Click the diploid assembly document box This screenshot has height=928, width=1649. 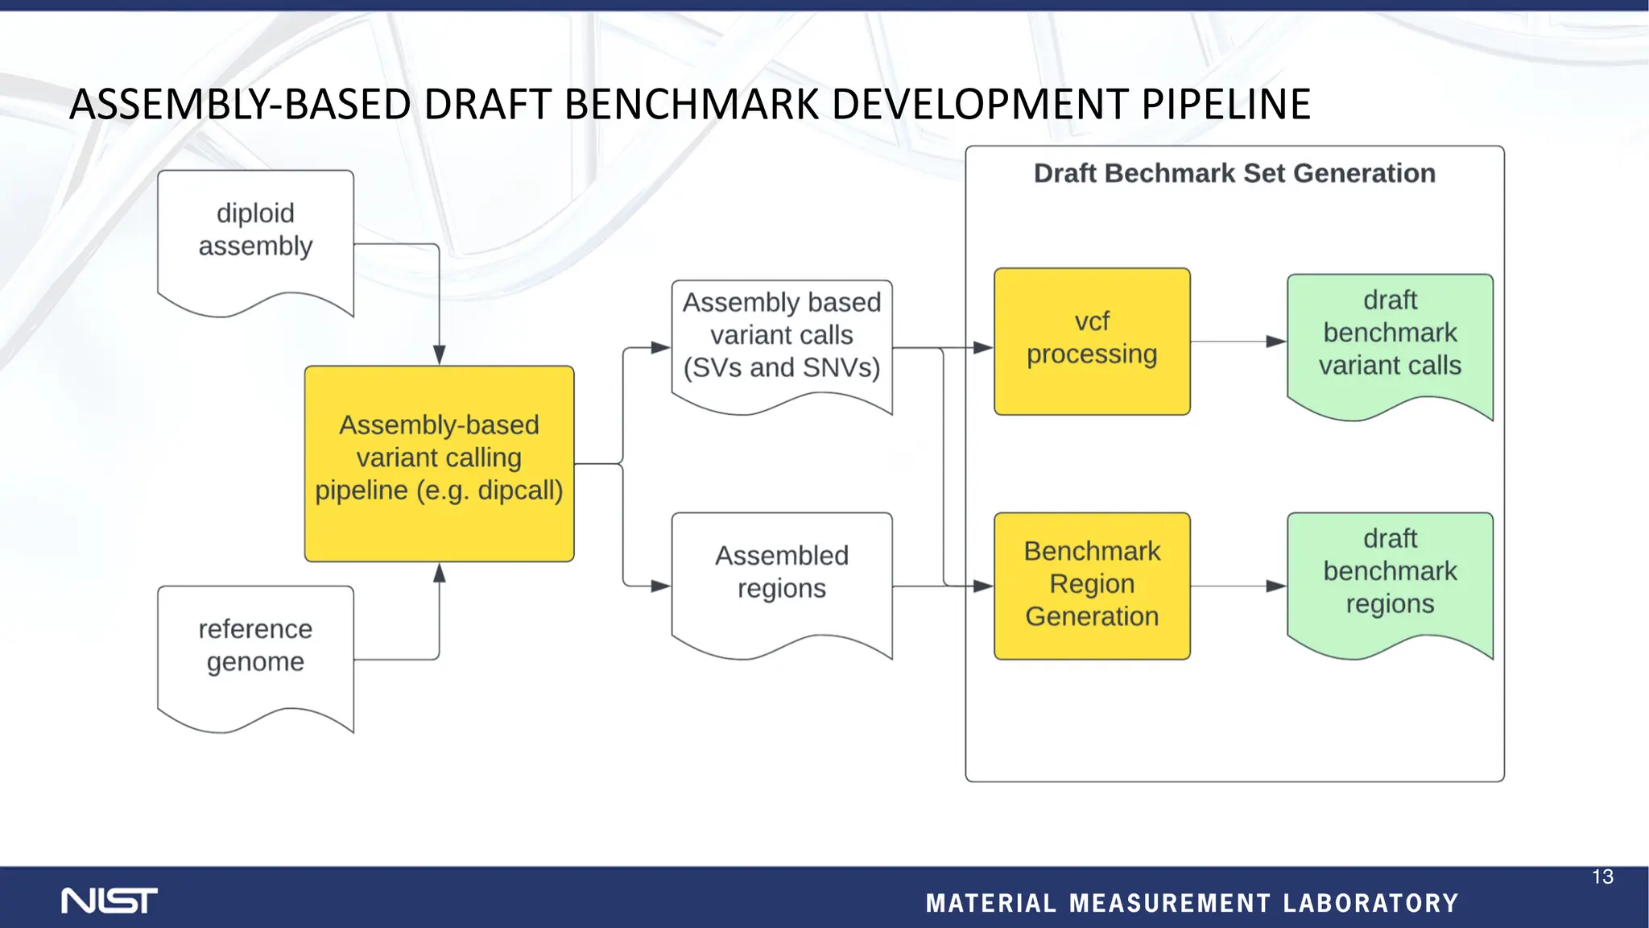255,238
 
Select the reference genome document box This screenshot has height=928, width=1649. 255,652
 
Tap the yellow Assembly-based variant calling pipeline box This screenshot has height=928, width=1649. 439,463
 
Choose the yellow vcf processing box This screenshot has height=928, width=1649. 1092,342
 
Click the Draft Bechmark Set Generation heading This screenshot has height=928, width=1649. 1234,173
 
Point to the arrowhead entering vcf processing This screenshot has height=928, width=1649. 983,348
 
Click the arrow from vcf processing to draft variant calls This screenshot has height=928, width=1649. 1237,342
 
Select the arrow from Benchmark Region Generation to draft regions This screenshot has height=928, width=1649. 1237,586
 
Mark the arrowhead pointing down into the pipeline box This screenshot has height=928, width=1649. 439,355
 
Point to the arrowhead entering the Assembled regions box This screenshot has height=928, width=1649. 660,586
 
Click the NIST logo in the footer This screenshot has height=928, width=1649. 110,901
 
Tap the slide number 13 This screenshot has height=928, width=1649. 1602,877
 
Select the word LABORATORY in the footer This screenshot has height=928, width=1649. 1370,904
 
